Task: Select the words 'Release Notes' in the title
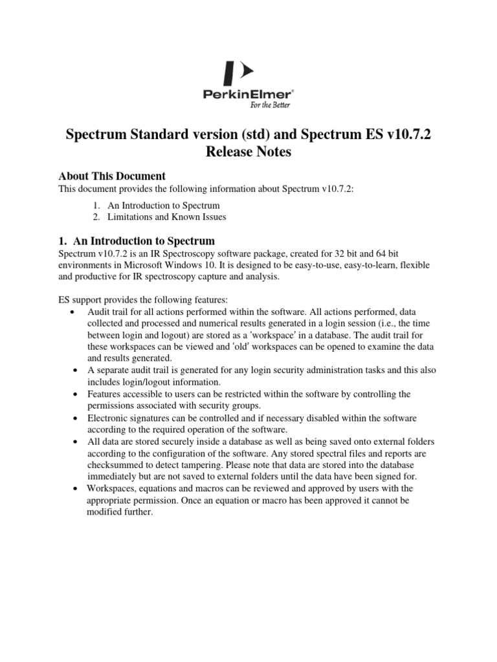[248, 153]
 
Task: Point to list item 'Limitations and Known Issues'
[167, 217]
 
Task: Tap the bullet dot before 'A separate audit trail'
[76, 370]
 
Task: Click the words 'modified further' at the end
[119, 511]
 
